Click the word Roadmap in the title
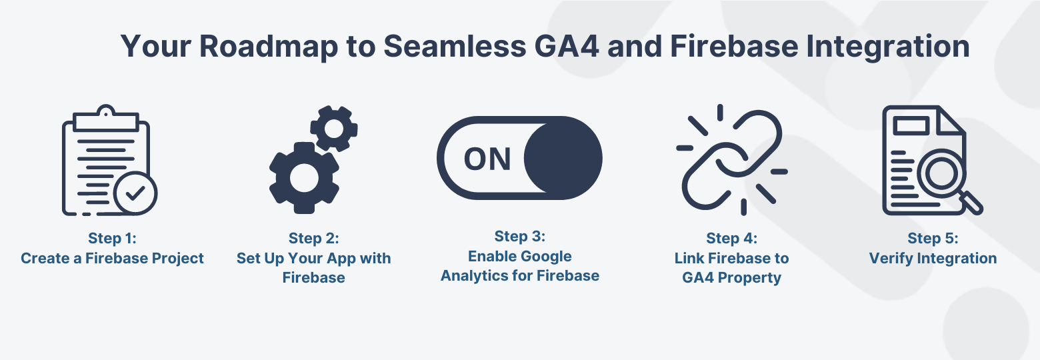click(x=269, y=47)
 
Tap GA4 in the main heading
click(x=567, y=46)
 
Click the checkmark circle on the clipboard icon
click(x=135, y=193)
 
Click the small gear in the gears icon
click(x=334, y=129)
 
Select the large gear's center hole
click(x=304, y=178)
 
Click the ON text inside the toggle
click(x=487, y=159)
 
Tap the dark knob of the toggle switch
click(x=563, y=158)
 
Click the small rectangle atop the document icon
click(x=911, y=125)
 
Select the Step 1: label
click(x=113, y=238)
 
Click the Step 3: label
click(x=520, y=237)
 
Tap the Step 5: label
click(x=933, y=238)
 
